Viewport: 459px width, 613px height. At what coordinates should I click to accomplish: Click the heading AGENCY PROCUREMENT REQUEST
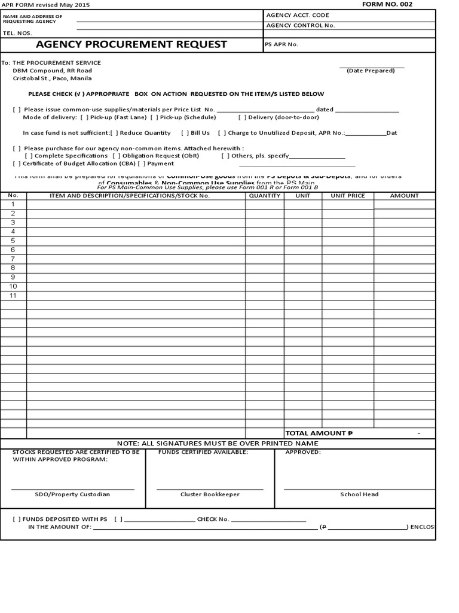tap(131, 44)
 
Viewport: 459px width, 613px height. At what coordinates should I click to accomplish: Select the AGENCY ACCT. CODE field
tap(298, 15)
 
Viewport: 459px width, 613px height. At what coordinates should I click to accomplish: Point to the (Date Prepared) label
tap(371, 71)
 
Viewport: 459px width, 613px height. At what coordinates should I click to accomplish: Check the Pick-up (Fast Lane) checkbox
tap(83, 117)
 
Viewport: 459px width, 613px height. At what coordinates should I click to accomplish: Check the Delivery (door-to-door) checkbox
tap(242, 117)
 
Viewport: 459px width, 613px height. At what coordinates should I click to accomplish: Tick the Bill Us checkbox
tap(185, 133)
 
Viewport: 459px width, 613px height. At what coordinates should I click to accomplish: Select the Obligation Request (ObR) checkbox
tap(115, 156)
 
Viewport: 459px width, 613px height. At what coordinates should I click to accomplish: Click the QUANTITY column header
tap(265, 196)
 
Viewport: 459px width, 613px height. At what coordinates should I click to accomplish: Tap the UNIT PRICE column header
tap(348, 196)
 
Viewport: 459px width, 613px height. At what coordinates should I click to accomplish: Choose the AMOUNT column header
tap(405, 196)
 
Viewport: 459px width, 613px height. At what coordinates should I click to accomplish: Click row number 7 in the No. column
tap(13, 259)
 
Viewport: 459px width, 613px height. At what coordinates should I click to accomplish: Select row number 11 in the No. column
tap(13, 296)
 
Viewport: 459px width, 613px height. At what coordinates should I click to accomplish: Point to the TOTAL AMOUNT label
tap(316, 433)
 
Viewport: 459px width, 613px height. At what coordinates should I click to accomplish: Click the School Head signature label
tap(359, 494)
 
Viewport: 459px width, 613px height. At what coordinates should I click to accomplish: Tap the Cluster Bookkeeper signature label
tap(210, 494)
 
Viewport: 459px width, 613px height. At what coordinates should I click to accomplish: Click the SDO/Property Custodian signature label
tap(72, 494)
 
